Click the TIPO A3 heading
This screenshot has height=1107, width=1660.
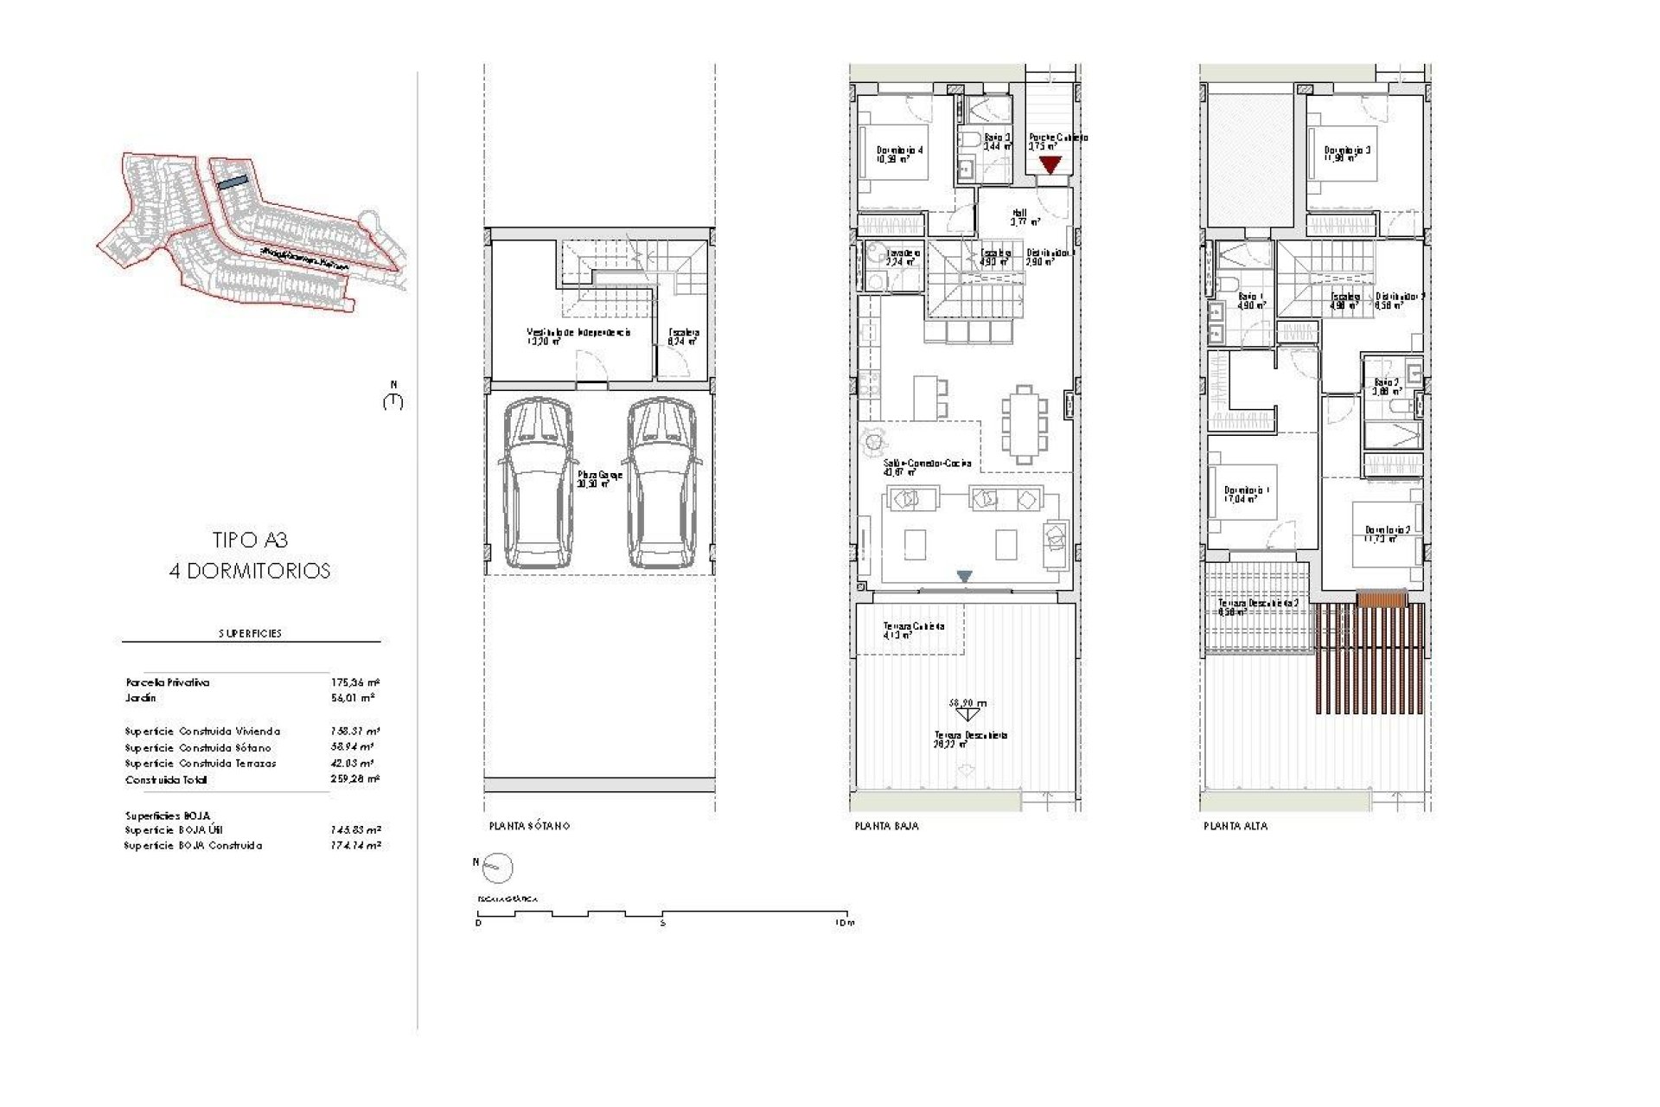[250, 540]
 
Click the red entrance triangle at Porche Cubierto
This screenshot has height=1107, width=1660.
[1049, 164]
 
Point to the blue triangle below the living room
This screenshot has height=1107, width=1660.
[964, 576]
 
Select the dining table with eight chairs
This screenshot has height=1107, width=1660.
[1024, 424]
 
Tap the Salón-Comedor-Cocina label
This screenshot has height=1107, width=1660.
[927, 464]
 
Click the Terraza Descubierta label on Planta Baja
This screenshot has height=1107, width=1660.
[970, 735]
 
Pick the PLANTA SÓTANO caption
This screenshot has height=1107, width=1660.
[529, 826]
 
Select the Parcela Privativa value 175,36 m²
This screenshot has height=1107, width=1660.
[355, 682]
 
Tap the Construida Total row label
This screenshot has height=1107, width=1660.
[166, 779]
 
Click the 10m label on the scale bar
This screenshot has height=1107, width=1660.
[845, 923]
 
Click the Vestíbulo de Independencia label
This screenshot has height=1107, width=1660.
[578, 332]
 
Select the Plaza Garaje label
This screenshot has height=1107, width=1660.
[599, 475]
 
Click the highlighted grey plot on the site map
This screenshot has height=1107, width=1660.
[232, 182]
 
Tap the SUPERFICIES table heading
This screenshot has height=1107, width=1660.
[250, 633]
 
